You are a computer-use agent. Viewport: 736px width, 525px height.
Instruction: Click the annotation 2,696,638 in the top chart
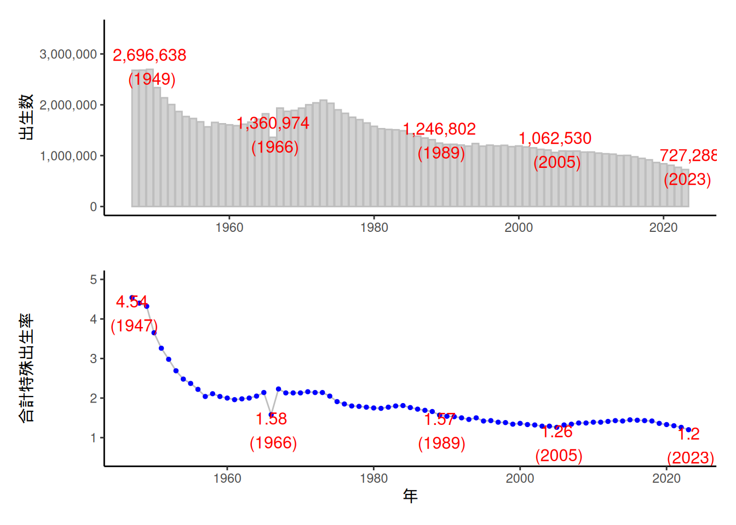click(x=150, y=55)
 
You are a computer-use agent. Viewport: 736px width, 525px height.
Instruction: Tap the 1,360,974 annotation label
click(x=273, y=123)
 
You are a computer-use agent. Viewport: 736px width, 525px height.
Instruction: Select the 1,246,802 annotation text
click(x=439, y=129)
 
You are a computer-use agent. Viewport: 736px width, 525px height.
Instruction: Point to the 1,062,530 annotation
click(x=555, y=138)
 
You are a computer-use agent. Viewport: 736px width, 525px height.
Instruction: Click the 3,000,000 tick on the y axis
click(x=68, y=54)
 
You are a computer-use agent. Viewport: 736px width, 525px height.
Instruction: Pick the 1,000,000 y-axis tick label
click(x=68, y=156)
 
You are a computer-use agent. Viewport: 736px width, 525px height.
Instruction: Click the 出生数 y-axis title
click(x=26, y=117)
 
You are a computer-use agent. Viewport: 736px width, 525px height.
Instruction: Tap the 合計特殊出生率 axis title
click(x=26, y=367)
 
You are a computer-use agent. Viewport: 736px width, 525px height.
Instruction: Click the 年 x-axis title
click(x=410, y=496)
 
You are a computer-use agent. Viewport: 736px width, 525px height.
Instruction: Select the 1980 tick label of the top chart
click(x=374, y=227)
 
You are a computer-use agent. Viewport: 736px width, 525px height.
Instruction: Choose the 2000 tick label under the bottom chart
click(x=520, y=479)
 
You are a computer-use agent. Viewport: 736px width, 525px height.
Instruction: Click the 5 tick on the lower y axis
click(x=94, y=279)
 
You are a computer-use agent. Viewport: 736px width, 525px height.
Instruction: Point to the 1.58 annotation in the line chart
click(x=271, y=419)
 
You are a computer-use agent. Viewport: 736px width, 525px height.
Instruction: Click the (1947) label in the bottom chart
click(x=134, y=326)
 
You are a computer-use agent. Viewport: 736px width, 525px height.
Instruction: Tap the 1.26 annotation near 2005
click(x=557, y=432)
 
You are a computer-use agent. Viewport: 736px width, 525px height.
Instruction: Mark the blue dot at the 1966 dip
click(x=271, y=415)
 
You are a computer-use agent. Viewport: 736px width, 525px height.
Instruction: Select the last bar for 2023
click(x=685, y=188)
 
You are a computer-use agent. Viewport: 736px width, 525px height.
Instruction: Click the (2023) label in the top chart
click(x=687, y=179)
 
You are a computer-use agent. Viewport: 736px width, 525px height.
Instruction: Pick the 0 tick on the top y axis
click(x=94, y=207)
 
